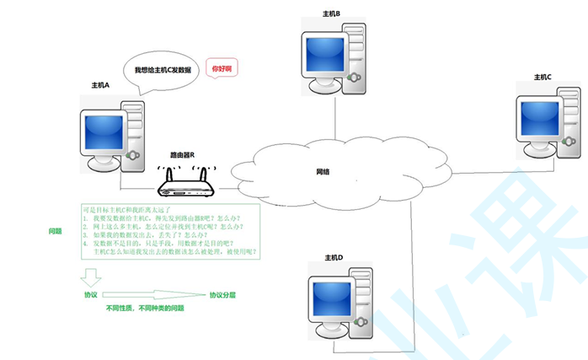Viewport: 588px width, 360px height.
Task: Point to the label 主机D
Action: coord(334,256)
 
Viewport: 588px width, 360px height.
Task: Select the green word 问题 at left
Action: coord(56,230)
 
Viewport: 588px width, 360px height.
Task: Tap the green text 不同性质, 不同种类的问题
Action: coord(145,309)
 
